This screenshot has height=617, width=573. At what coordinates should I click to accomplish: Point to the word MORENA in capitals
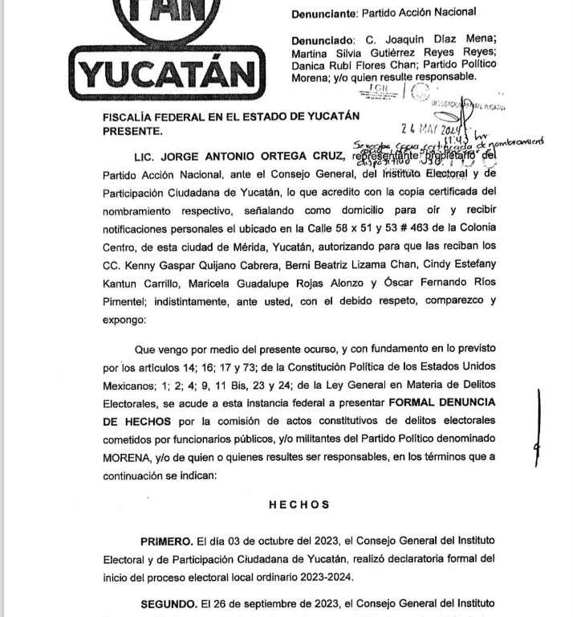pyautogui.click(x=128, y=457)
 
